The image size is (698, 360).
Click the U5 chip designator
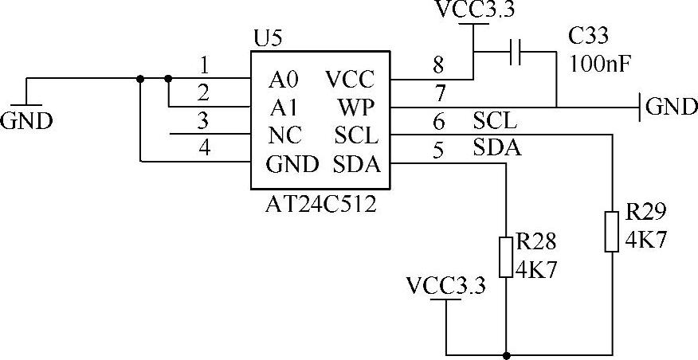268,40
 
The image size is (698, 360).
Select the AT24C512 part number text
321,205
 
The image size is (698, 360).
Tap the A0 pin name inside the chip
283,80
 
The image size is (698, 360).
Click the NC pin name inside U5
285,135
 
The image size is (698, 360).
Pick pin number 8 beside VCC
439,66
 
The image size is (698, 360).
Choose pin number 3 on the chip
203,121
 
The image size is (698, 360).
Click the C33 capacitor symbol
515,52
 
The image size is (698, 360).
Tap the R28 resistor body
506,257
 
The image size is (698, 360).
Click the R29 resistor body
612,232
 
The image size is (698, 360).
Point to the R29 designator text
646,213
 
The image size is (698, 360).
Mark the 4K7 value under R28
536,269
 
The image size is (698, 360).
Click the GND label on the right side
671,107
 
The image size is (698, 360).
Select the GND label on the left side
26,120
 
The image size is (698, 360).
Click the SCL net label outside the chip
495,121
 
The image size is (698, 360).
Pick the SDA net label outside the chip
496,148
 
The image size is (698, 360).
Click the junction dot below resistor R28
506,355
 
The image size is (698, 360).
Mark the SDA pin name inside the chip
357,165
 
